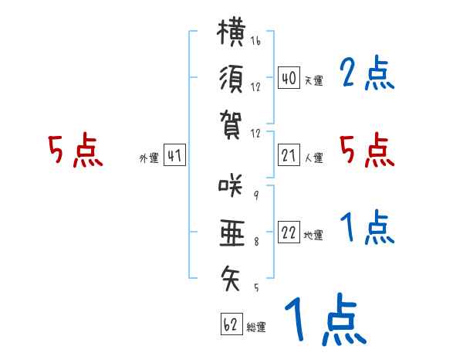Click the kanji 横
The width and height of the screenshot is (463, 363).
pyautogui.click(x=231, y=32)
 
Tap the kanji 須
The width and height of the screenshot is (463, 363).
pyautogui.click(x=231, y=80)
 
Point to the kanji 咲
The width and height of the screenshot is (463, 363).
pyautogui.click(x=231, y=185)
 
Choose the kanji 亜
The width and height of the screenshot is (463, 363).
pyautogui.click(x=232, y=233)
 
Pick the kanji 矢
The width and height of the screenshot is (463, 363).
pyautogui.click(x=230, y=278)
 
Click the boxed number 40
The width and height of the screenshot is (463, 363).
pyautogui.click(x=289, y=77)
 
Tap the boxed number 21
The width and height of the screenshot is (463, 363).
pyautogui.click(x=289, y=155)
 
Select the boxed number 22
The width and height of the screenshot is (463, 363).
pyautogui.click(x=289, y=232)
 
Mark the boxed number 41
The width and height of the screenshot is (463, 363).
pyautogui.click(x=174, y=155)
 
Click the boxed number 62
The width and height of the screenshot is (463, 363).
pyautogui.click(x=231, y=324)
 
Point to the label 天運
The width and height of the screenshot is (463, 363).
pyautogui.click(x=314, y=80)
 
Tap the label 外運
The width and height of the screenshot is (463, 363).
pyautogui.click(x=149, y=158)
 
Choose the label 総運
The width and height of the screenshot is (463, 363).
pyautogui.click(x=256, y=327)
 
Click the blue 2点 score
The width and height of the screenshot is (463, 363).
pyautogui.click(x=367, y=73)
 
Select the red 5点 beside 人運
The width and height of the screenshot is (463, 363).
pyautogui.click(x=367, y=150)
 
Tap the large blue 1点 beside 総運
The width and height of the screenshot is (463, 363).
pyautogui.click(x=326, y=319)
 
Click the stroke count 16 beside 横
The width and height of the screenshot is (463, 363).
pyautogui.click(x=255, y=40)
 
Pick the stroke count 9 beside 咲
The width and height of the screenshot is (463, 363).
pyautogui.click(x=256, y=195)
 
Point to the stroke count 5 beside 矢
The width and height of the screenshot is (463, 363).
pyautogui.click(x=256, y=287)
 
